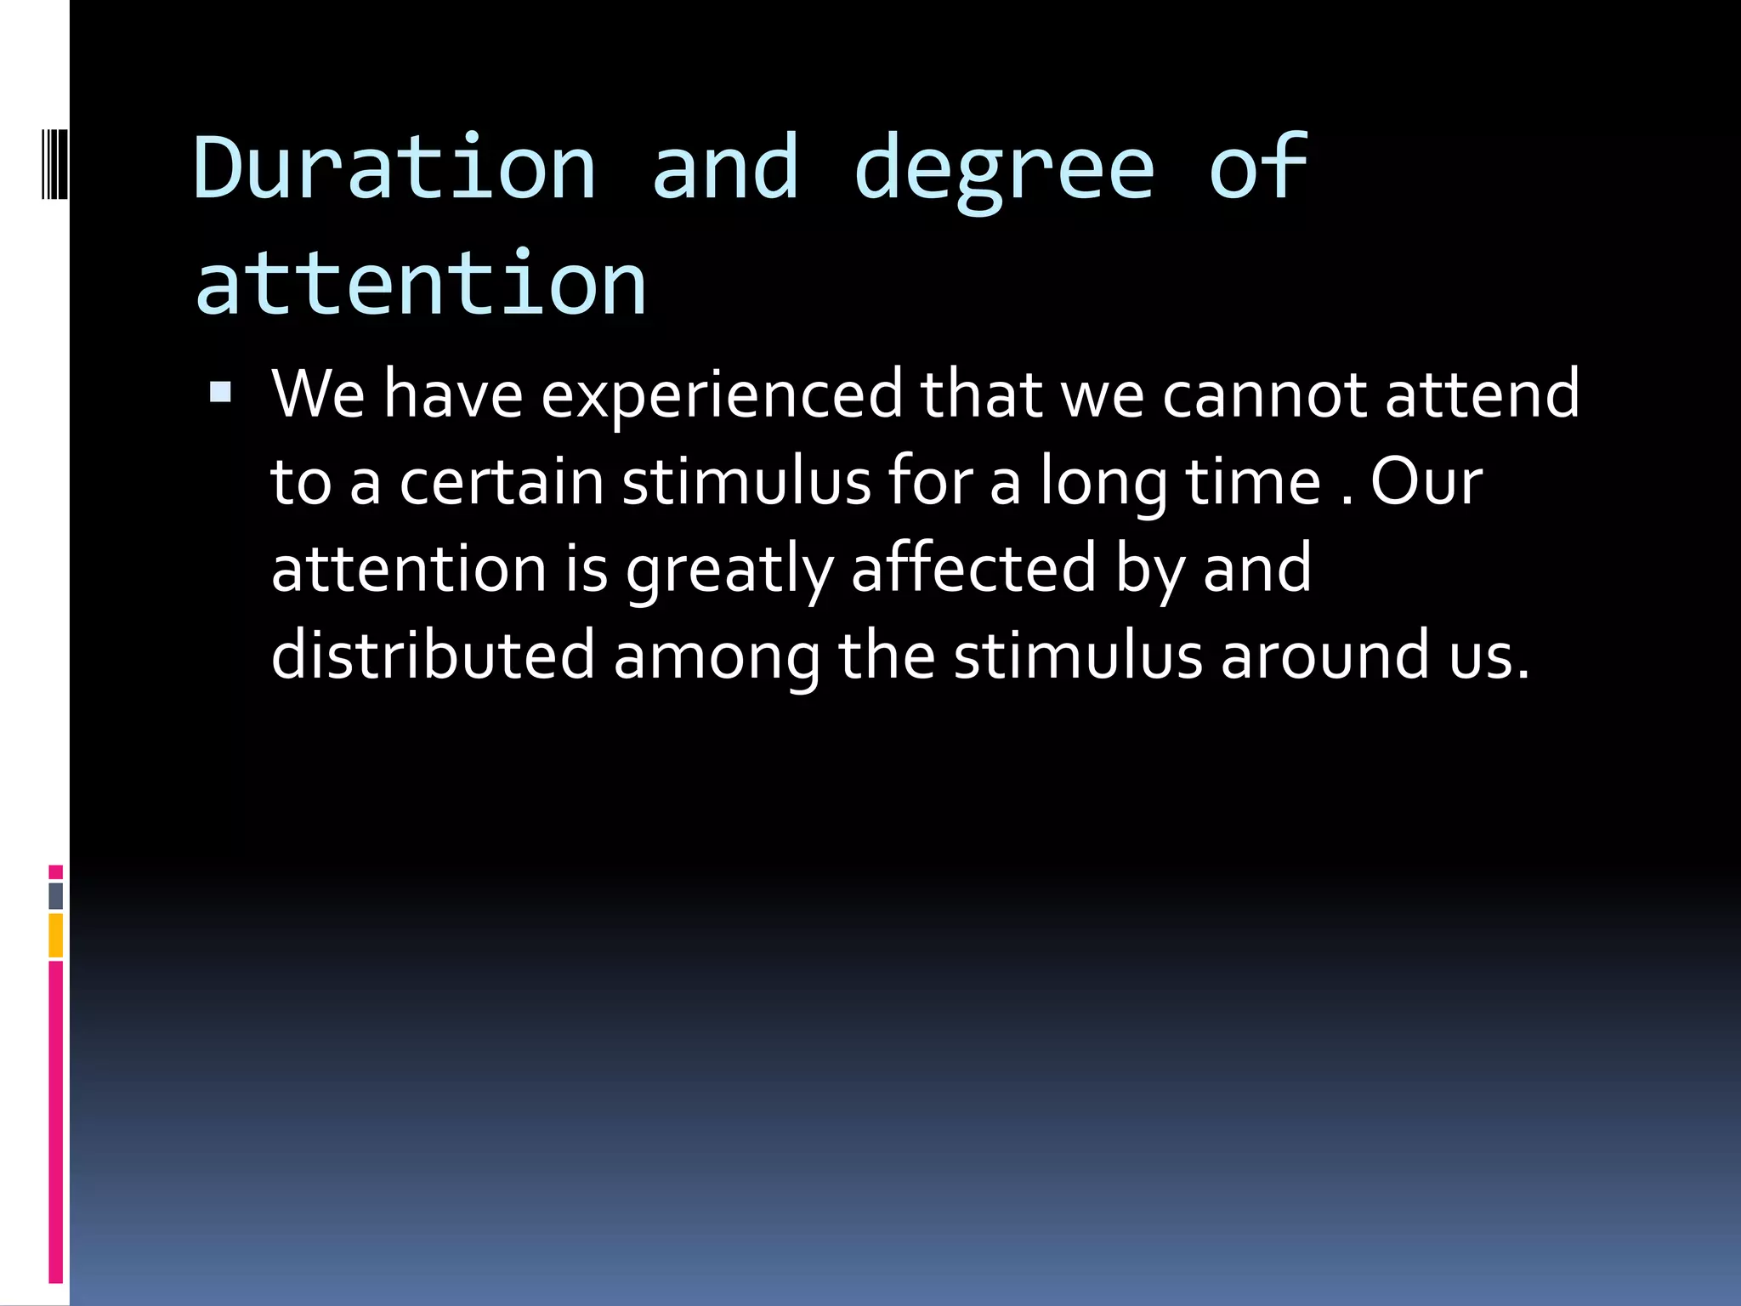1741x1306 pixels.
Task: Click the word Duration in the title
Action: click(395, 168)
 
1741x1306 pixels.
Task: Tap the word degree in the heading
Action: click(1004, 168)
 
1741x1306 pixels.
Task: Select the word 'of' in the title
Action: click(1258, 168)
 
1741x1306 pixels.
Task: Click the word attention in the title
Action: click(421, 283)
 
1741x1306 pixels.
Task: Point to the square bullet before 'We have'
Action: click(220, 392)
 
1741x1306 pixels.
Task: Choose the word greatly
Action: click(729, 569)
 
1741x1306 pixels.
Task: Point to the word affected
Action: click(974, 569)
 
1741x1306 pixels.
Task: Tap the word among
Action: click(717, 656)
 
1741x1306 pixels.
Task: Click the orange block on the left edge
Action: click(55, 935)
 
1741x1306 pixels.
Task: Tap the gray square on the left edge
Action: click(55, 895)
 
